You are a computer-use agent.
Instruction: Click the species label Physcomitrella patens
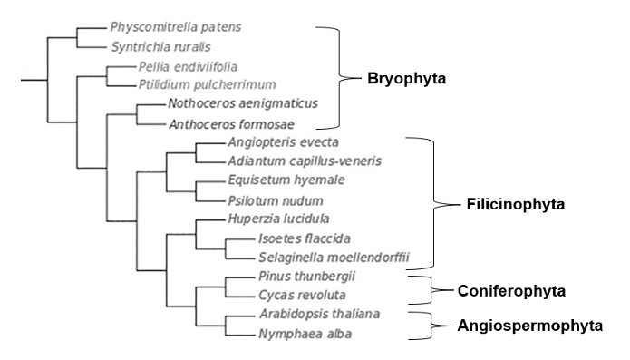[x=169, y=27]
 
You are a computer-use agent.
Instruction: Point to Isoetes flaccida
[x=300, y=239]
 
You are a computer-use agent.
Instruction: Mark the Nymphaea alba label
[x=294, y=334]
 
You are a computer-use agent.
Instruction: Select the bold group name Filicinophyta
[x=516, y=204]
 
